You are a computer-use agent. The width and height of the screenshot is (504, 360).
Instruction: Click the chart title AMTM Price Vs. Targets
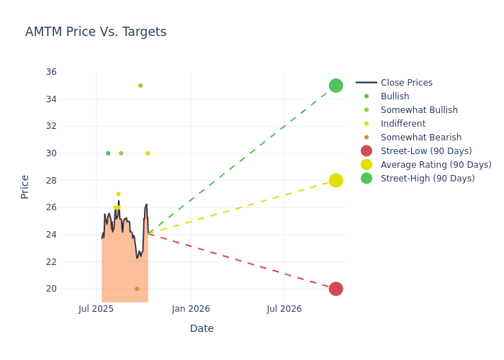96,32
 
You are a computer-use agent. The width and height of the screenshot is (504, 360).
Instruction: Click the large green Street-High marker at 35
336,86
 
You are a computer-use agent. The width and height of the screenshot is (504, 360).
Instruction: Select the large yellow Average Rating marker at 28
336,180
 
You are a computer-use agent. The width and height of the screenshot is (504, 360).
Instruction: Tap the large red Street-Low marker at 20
336,289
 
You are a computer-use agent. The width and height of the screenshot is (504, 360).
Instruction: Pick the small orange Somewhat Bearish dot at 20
137,289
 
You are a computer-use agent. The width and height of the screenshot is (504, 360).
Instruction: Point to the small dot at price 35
140,86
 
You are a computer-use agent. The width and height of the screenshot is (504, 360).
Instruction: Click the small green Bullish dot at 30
108,153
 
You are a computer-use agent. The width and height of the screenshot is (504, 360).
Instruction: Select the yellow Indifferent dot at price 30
148,153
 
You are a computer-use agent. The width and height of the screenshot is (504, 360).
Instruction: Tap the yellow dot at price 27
118,194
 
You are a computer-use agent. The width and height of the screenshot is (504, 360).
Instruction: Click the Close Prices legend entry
406,83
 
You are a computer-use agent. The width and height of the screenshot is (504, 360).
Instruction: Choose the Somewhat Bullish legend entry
419,110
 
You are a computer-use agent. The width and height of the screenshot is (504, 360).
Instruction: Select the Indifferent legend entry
402,124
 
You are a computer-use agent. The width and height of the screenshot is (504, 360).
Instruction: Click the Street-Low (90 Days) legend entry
426,151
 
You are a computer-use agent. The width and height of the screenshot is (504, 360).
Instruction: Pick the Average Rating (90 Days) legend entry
436,165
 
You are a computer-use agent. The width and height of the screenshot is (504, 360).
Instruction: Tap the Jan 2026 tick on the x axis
191,309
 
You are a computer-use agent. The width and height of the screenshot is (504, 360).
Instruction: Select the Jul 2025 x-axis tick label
96,309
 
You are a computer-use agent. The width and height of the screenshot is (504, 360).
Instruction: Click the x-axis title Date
202,328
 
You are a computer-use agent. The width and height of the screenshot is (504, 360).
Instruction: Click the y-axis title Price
25,186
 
